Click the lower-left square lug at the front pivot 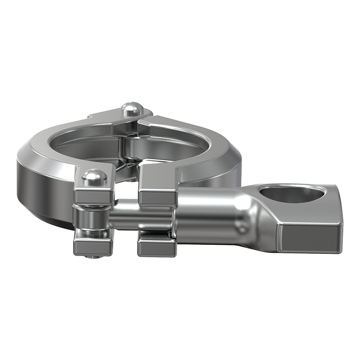point(92,246)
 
